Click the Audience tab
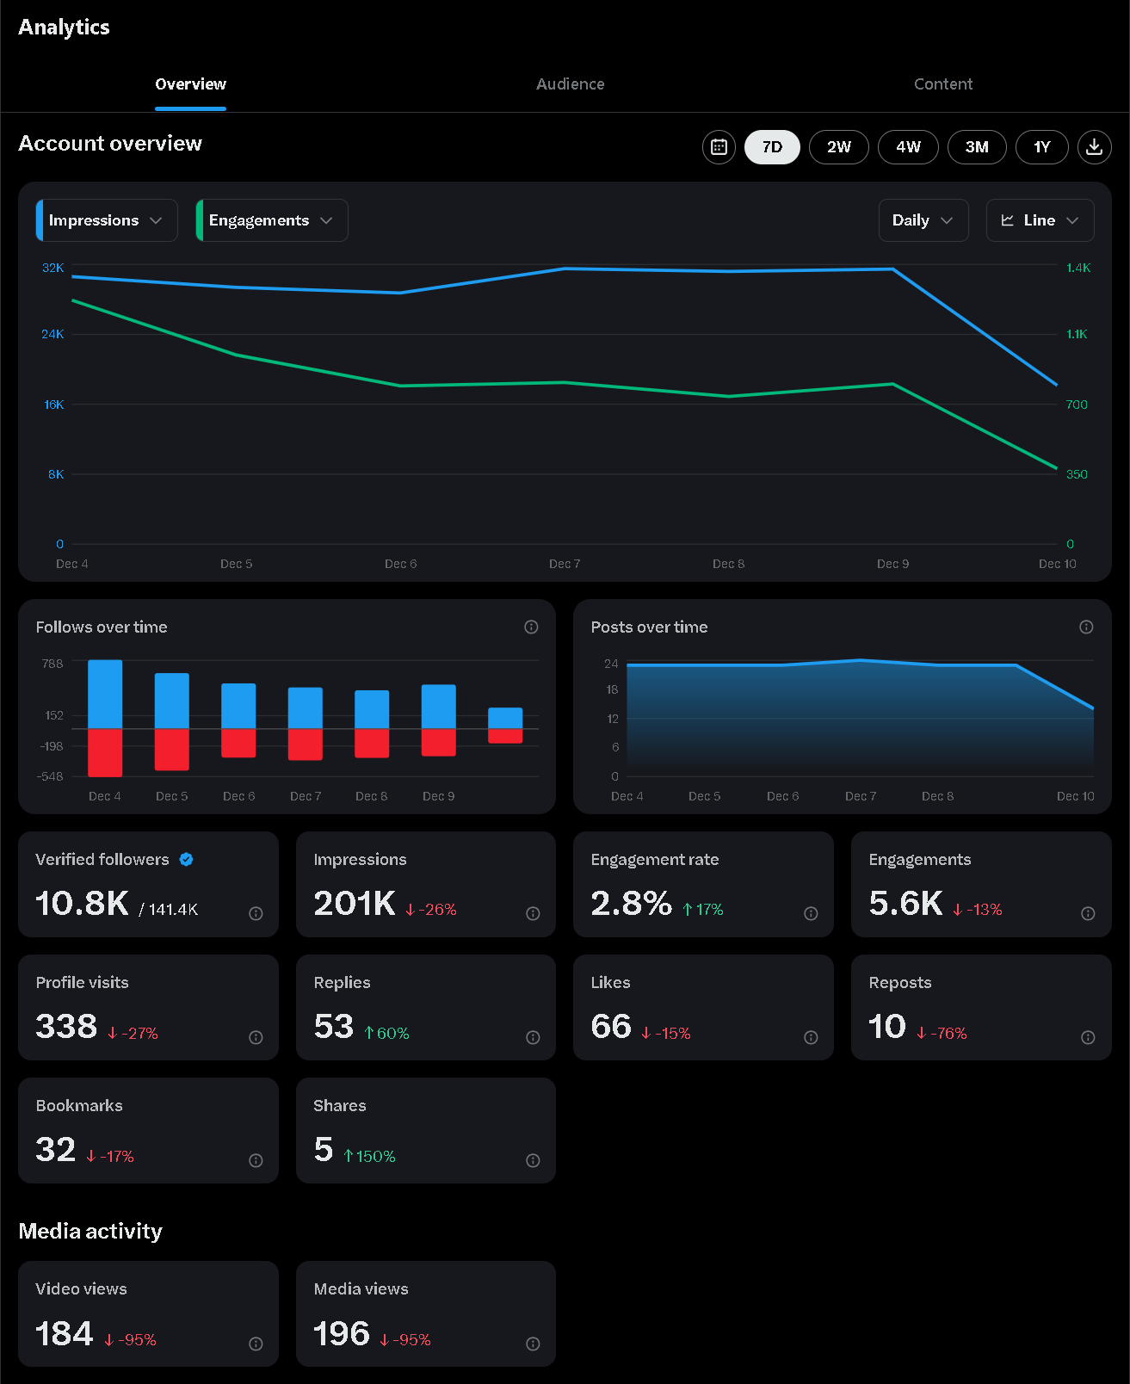tap(570, 84)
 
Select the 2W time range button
tap(838, 147)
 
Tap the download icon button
tap(1094, 147)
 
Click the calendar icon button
tap(719, 147)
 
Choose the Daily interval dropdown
tap(923, 220)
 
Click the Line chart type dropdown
tap(1040, 220)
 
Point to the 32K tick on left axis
tap(53, 268)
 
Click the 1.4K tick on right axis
tap(1078, 268)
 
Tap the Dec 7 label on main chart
tap(565, 564)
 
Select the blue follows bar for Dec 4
tap(105, 694)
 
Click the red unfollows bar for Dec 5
tap(172, 749)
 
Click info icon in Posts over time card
tap(1086, 627)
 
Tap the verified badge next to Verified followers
tap(186, 859)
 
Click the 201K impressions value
tap(354, 903)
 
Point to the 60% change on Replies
tap(386, 1033)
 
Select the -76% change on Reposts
tap(942, 1033)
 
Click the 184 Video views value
tap(65, 1333)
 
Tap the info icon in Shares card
tap(533, 1160)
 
